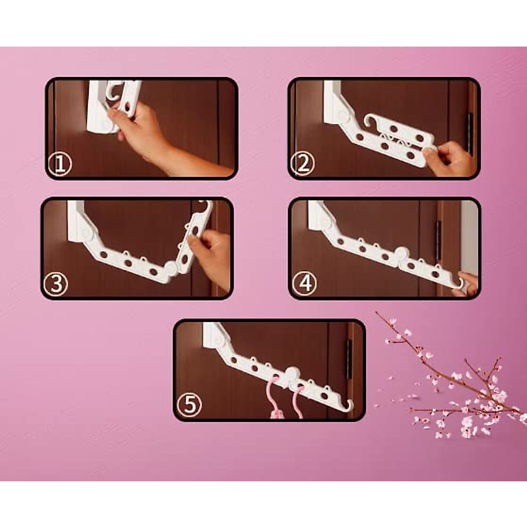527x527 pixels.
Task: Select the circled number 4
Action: click(305, 284)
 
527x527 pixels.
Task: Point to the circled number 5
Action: click(189, 405)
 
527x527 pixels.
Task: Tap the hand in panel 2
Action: click(450, 158)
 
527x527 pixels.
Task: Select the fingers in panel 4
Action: click(469, 283)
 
